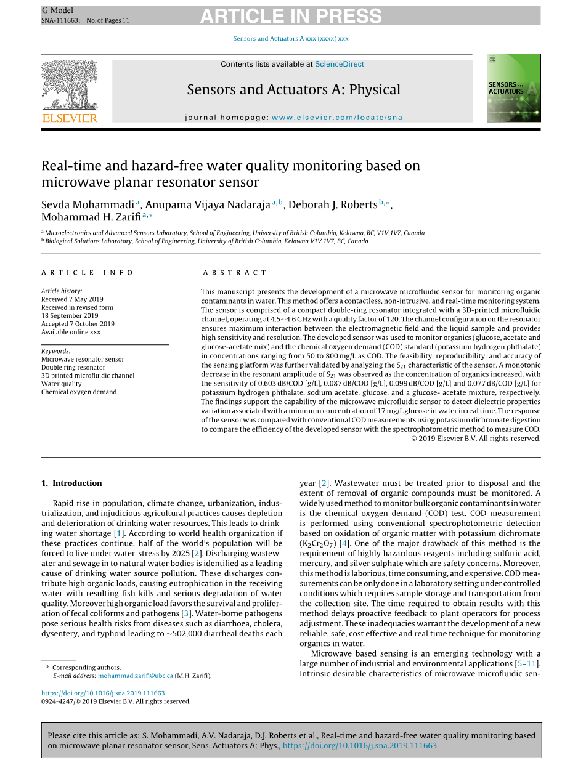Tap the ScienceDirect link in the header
(x=339, y=64)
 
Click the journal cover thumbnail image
(x=513, y=87)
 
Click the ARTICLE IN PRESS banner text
(x=290, y=16)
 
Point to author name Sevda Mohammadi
(x=88, y=204)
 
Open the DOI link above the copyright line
(x=103, y=693)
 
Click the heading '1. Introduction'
(x=71, y=483)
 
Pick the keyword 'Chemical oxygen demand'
(x=79, y=392)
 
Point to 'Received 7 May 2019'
(x=72, y=299)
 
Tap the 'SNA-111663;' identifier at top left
(x=60, y=20)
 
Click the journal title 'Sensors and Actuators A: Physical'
(x=293, y=90)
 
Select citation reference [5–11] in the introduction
(x=527, y=663)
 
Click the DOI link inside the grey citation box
(x=360, y=746)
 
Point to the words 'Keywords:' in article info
(x=55, y=351)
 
